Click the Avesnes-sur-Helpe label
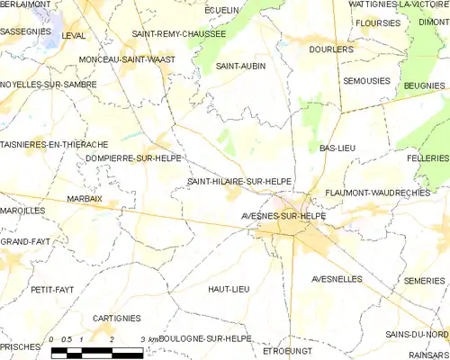(x=283, y=217)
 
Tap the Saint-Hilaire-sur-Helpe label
(x=238, y=181)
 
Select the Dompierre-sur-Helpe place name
(x=133, y=158)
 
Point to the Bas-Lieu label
(x=337, y=147)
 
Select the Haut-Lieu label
(x=228, y=289)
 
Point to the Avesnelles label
(x=337, y=279)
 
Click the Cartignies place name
(x=116, y=319)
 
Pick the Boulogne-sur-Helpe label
(x=204, y=337)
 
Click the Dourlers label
(x=331, y=49)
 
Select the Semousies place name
(x=366, y=80)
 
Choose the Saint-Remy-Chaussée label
(x=178, y=33)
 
